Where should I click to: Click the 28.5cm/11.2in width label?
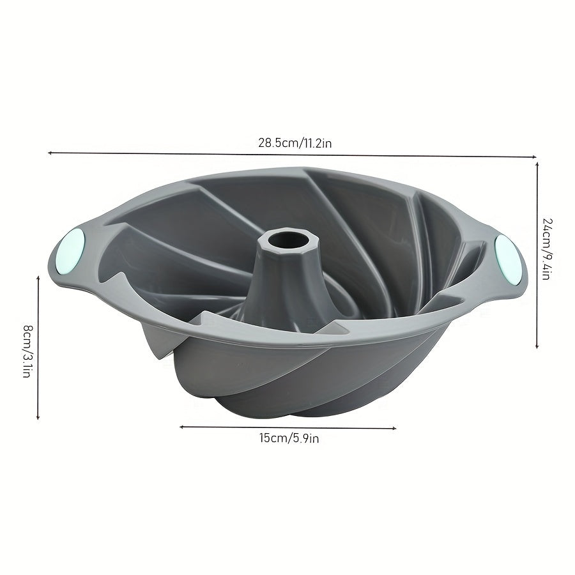(295, 142)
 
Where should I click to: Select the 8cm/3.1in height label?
(26, 352)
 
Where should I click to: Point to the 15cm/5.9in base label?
(289, 438)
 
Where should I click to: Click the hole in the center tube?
(282, 241)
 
